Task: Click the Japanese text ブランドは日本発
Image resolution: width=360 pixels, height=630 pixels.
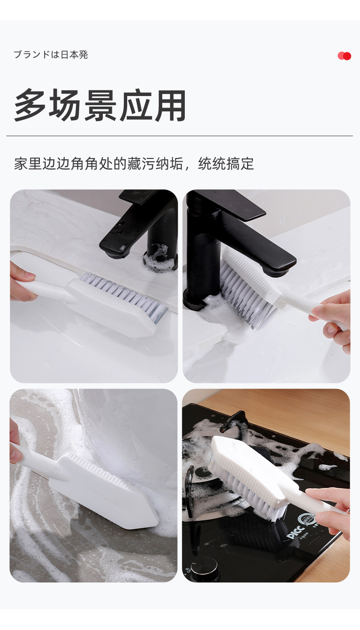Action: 51,55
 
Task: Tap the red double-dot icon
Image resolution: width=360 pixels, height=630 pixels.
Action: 344,56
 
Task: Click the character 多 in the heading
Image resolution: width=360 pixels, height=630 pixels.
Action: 30,105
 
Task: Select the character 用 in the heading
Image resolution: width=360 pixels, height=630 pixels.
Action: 170,105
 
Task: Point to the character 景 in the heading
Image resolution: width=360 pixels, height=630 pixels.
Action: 100,105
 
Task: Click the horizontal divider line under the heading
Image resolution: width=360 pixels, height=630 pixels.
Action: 180,136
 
